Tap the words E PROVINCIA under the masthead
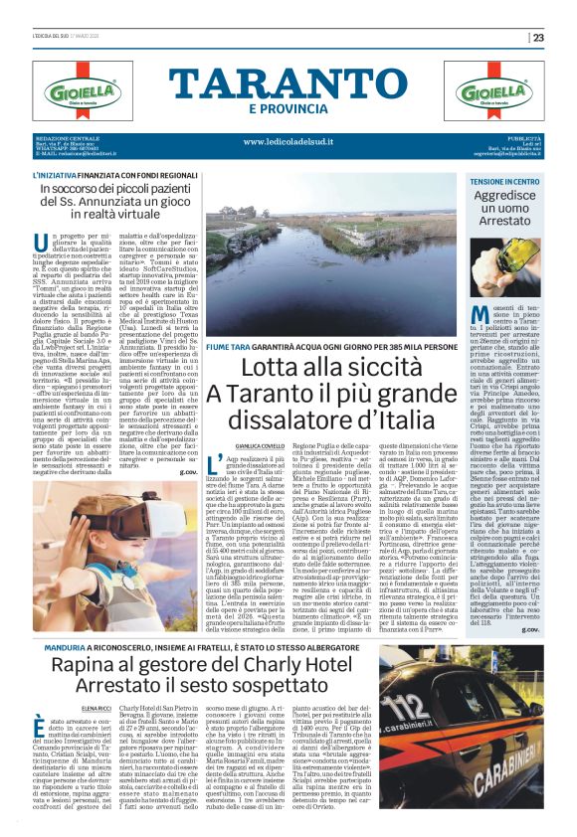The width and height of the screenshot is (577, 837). click(x=288, y=108)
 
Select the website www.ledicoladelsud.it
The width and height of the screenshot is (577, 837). click(x=288, y=141)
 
